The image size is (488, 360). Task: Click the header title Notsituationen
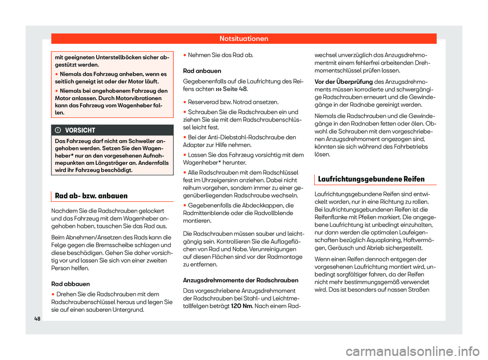(243, 38)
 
